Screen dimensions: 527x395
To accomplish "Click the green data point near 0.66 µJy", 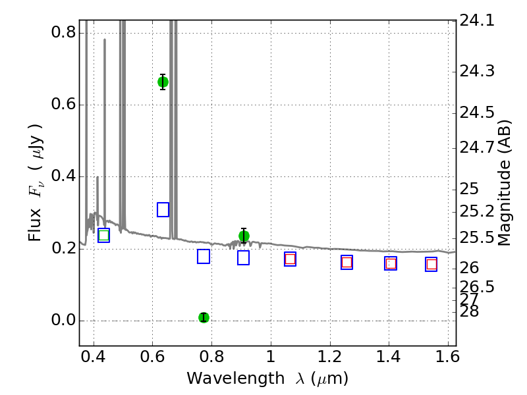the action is point(163,82).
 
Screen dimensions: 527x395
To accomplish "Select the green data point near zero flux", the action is point(204,317).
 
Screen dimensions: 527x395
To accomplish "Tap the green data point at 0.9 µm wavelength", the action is point(244,236).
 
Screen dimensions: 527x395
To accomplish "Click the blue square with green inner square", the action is point(103,235).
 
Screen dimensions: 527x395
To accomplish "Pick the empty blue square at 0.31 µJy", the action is point(163,209).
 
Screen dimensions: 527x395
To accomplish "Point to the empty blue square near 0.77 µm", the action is point(204,256).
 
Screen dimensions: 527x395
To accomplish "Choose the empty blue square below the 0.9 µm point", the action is point(243,257).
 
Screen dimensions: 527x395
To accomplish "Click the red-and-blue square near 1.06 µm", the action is point(290,259).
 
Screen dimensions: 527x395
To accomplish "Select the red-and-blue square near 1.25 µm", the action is point(347,262).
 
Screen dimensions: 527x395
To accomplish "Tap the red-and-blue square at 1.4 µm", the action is point(391,263).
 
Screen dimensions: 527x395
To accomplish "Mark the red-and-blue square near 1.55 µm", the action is point(431,265).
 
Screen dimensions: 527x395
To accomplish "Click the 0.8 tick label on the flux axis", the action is point(63,32).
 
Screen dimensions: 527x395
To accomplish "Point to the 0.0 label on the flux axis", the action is point(63,320).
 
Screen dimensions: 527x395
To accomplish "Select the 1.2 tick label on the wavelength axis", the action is point(330,357).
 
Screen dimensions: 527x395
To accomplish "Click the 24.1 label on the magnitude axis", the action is point(477,21).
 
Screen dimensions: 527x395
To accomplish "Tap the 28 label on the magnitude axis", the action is point(469,311).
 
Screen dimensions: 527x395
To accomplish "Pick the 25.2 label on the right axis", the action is point(477,211).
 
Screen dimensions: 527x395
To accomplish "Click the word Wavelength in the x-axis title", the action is point(236,379).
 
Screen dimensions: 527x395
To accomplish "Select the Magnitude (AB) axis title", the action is point(504,183).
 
